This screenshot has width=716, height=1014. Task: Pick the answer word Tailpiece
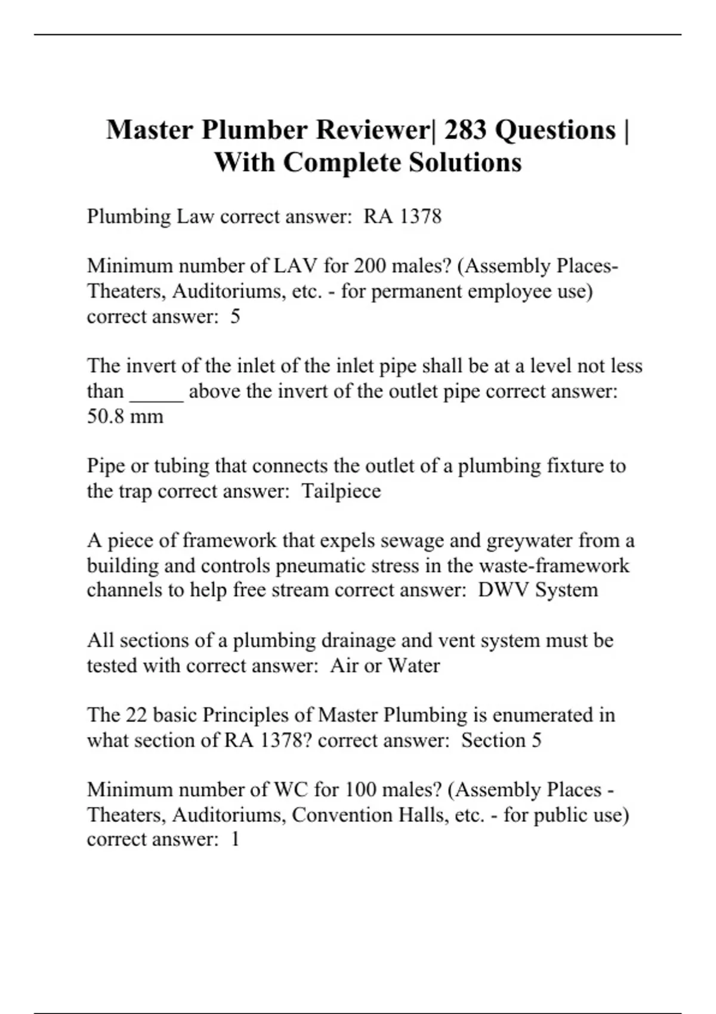point(341,491)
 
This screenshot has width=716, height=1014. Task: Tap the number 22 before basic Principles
point(137,715)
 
